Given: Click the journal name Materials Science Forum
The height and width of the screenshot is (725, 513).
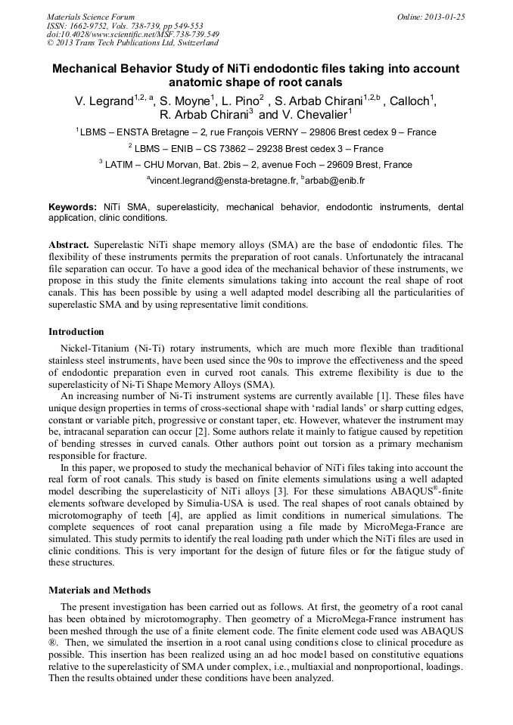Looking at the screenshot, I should coord(91,17).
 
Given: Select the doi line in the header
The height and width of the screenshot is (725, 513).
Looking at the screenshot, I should coord(133,34).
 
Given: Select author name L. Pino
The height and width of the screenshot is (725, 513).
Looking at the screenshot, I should coord(241,101).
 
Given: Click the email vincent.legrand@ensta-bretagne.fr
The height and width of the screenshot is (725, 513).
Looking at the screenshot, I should coord(219,181).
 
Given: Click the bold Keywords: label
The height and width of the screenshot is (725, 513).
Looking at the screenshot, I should coord(73,206).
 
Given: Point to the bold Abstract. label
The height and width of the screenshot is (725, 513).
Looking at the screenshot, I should coord(70,245).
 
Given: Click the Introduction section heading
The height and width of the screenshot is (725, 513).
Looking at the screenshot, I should coord(76,331).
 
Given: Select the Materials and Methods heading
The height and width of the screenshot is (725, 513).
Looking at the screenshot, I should coord(99,590).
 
